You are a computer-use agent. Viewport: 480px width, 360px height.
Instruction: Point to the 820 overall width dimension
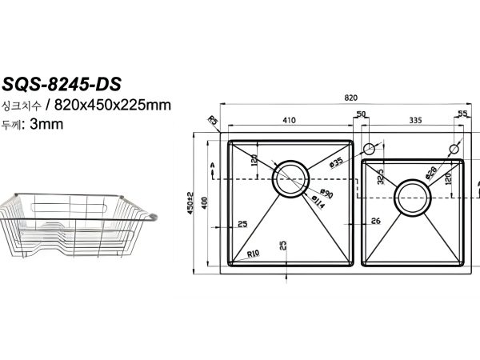350,97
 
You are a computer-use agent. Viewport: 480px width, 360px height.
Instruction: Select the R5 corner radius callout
213,121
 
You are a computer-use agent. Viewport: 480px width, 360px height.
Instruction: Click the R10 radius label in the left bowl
253,254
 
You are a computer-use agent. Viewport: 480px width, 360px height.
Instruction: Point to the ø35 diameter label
337,162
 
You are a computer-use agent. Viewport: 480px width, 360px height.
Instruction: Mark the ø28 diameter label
432,172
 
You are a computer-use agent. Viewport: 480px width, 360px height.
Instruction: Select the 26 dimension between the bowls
376,221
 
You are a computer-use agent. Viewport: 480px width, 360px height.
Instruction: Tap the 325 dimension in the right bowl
381,175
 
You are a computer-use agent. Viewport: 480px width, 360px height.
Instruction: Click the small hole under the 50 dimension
370,150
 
